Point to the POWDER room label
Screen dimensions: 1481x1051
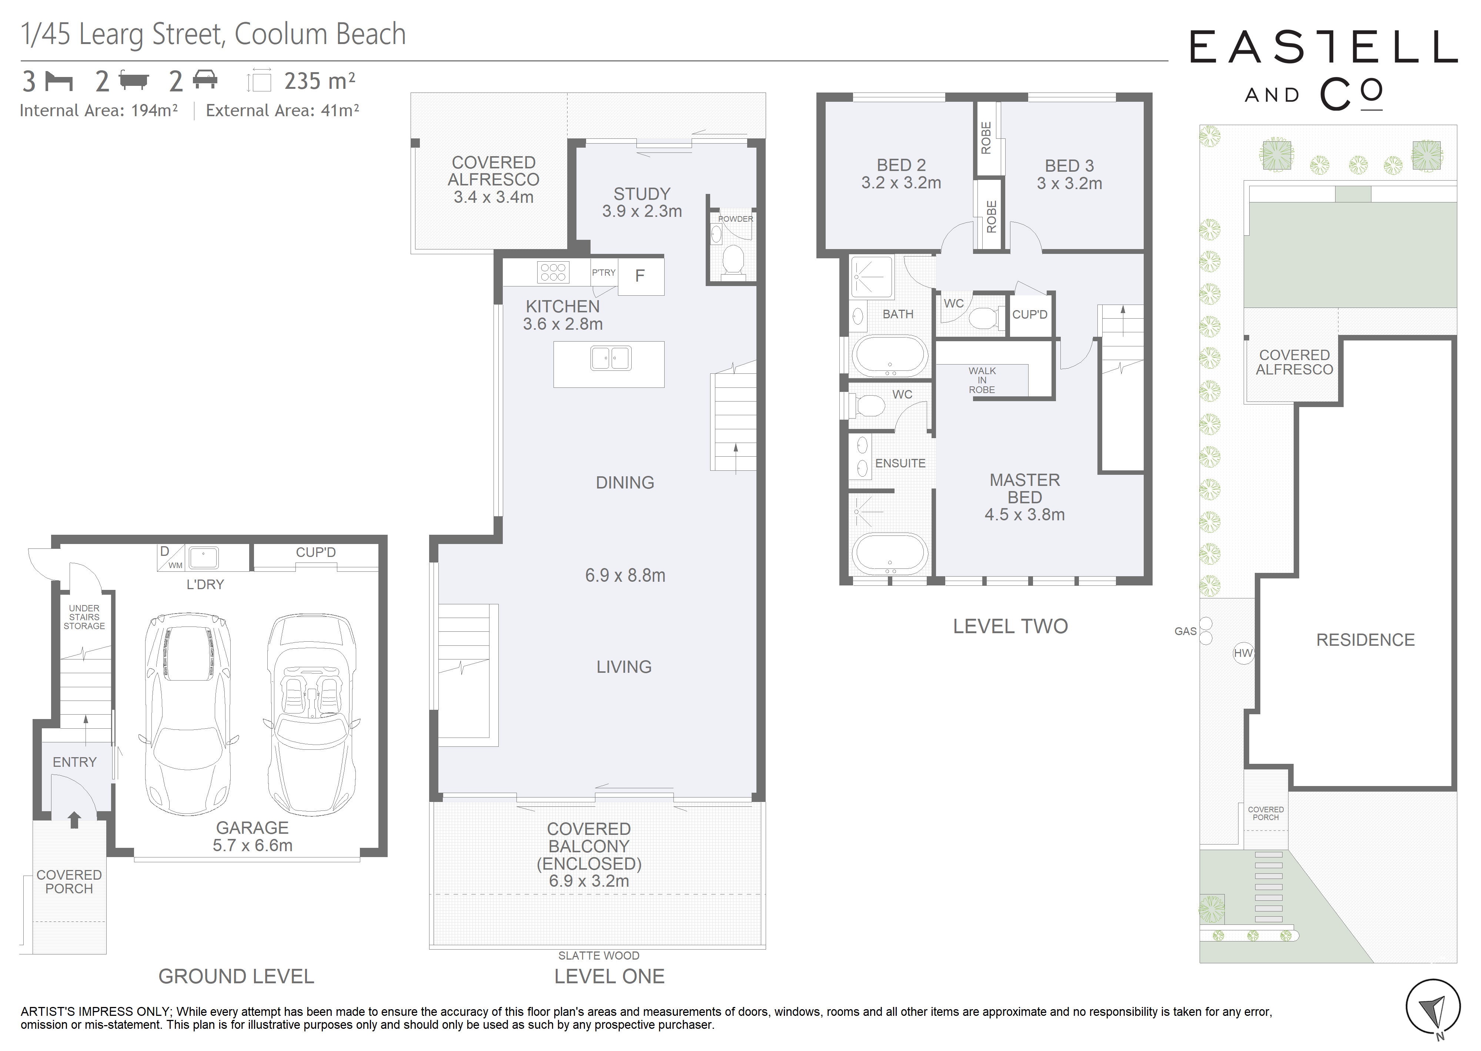(x=735, y=219)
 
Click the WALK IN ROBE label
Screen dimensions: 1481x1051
(x=982, y=380)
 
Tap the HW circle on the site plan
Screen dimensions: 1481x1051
(x=1243, y=653)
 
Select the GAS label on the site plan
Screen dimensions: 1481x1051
(x=1185, y=631)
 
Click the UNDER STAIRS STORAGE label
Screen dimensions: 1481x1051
(x=84, y=617)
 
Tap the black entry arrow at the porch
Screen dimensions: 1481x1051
(x=74, y=819)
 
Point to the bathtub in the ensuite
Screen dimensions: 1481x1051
(x=889, y=555)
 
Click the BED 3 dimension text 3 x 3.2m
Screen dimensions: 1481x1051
(x=1069, y=184)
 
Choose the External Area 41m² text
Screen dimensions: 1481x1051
(x=282, y=111)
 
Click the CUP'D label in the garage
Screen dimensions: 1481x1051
(x=316, y=552)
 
